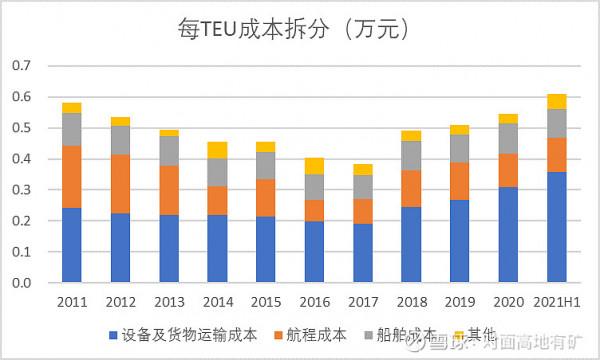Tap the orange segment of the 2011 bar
tap(71, 176)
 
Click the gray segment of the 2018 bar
tap(411, 155)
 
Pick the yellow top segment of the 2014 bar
tap(217, 150)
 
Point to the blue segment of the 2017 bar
tap(362, 253)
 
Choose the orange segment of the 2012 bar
tap(120, 184)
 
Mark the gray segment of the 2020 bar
tap(508, 138)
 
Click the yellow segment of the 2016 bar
tap(314, 165)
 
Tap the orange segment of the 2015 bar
tap(265, 197)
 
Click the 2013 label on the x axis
tap(168, 300)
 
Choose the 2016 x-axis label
tap(314, 300)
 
